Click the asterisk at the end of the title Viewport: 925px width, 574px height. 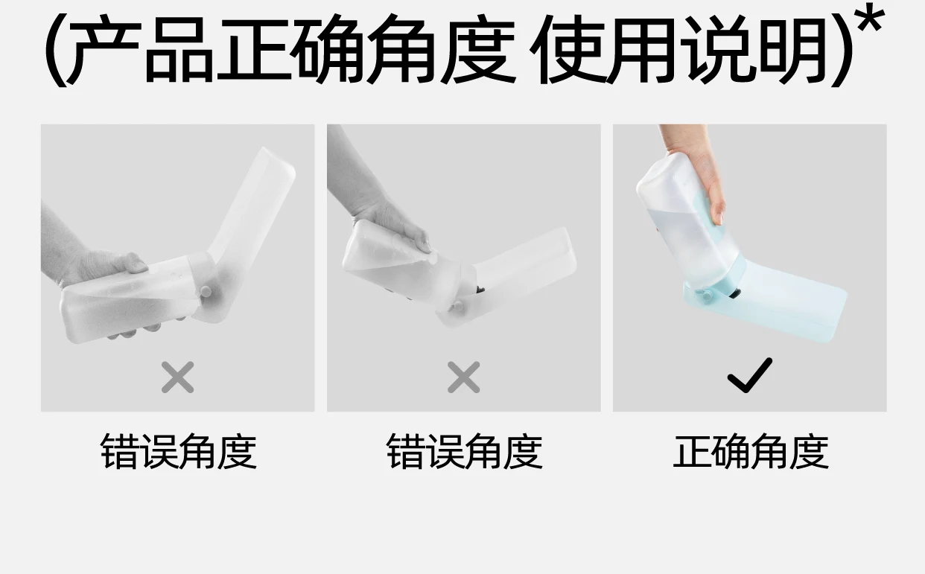(x=870, y=19)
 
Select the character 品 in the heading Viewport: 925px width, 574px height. (x=179, y=50)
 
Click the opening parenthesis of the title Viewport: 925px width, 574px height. (x=55, y=50)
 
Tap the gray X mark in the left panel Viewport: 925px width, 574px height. (x=177, y=377)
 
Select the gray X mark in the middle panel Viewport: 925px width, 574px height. (x=464, y=377)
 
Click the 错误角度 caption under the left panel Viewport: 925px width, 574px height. (x=179, y=451)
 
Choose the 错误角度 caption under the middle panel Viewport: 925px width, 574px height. (x=464, y=451)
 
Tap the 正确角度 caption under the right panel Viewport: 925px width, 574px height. (x=751, y=451)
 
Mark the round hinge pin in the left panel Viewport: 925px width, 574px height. (x=206, y=292)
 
